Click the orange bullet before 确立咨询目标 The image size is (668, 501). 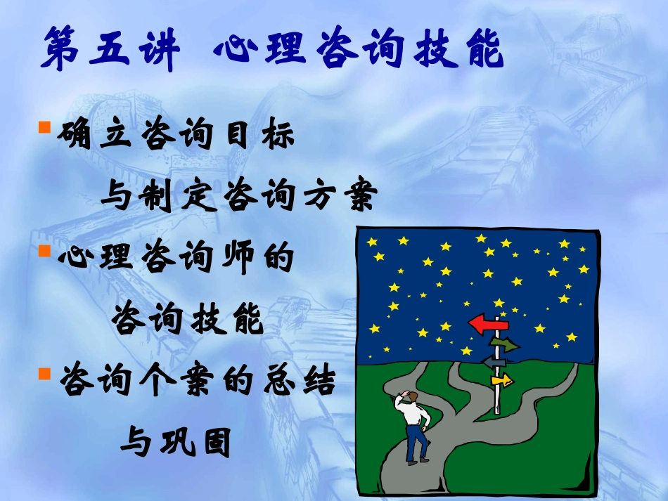tap(43, 127)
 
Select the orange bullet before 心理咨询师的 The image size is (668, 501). tap(43, 249)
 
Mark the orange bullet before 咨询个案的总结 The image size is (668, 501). tap(43, 370)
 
